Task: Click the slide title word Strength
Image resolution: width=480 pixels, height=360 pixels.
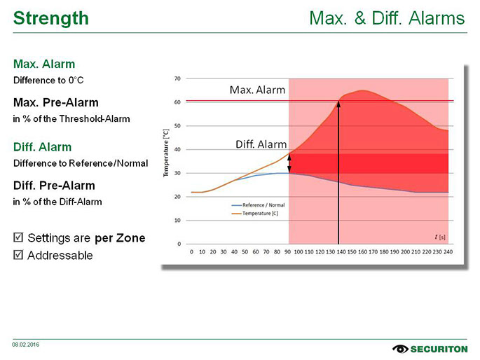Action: [51, 18]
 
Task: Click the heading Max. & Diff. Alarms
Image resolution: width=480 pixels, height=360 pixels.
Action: [387, 18]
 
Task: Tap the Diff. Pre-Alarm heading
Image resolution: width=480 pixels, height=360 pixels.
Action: [54, 186]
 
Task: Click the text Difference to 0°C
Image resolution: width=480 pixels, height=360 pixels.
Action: [48, 80]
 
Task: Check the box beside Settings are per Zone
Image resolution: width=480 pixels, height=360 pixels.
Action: [18, 238]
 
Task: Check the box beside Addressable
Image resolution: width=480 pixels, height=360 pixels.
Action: [18, 255]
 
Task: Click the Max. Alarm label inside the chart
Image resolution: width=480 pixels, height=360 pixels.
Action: [257, 90]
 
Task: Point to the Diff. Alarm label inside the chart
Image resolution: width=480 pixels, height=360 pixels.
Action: [261, 144]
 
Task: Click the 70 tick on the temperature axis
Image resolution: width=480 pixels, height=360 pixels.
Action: [179, 78]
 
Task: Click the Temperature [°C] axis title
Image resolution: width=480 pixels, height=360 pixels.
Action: [166, 152]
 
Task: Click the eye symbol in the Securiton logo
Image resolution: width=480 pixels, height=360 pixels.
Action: [401, 348]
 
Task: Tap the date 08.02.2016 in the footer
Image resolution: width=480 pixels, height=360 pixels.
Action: [25, 344]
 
